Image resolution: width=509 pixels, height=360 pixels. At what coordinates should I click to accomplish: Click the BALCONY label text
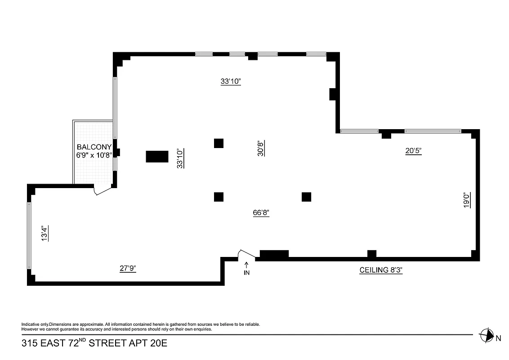(x=94, y=147)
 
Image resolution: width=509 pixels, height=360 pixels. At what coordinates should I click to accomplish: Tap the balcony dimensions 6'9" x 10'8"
(x=94, y=155)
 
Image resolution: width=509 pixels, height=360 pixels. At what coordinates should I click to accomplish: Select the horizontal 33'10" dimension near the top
(x=231, y=81)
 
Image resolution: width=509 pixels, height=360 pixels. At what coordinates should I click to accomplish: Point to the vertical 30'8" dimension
(x=260, y=148)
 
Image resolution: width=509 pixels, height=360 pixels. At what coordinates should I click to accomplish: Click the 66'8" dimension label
(x=261, y=213)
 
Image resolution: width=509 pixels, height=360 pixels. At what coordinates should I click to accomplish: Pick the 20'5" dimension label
(x=413, y=151)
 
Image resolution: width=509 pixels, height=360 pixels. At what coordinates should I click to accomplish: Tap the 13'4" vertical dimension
(x=45, y=234)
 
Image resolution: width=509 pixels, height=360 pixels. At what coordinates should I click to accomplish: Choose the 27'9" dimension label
(x=128, y=268)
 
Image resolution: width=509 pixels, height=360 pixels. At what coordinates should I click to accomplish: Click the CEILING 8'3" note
(x=384, y=270)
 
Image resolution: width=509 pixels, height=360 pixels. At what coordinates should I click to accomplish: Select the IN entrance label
(x=246, y=273)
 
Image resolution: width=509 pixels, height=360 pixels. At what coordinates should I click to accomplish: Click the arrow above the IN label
(x=246, y=265)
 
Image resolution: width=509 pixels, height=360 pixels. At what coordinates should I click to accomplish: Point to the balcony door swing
(x=102, y=191)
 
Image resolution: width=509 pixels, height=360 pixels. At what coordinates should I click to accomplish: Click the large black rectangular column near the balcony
(x=157, y=156)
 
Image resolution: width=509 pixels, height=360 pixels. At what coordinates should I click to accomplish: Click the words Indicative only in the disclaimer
(x=35, y=324)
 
